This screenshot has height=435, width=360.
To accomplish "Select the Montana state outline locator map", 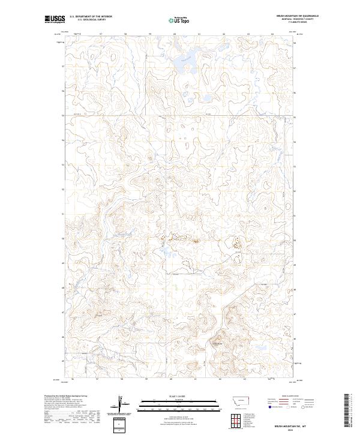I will [236, 399].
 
